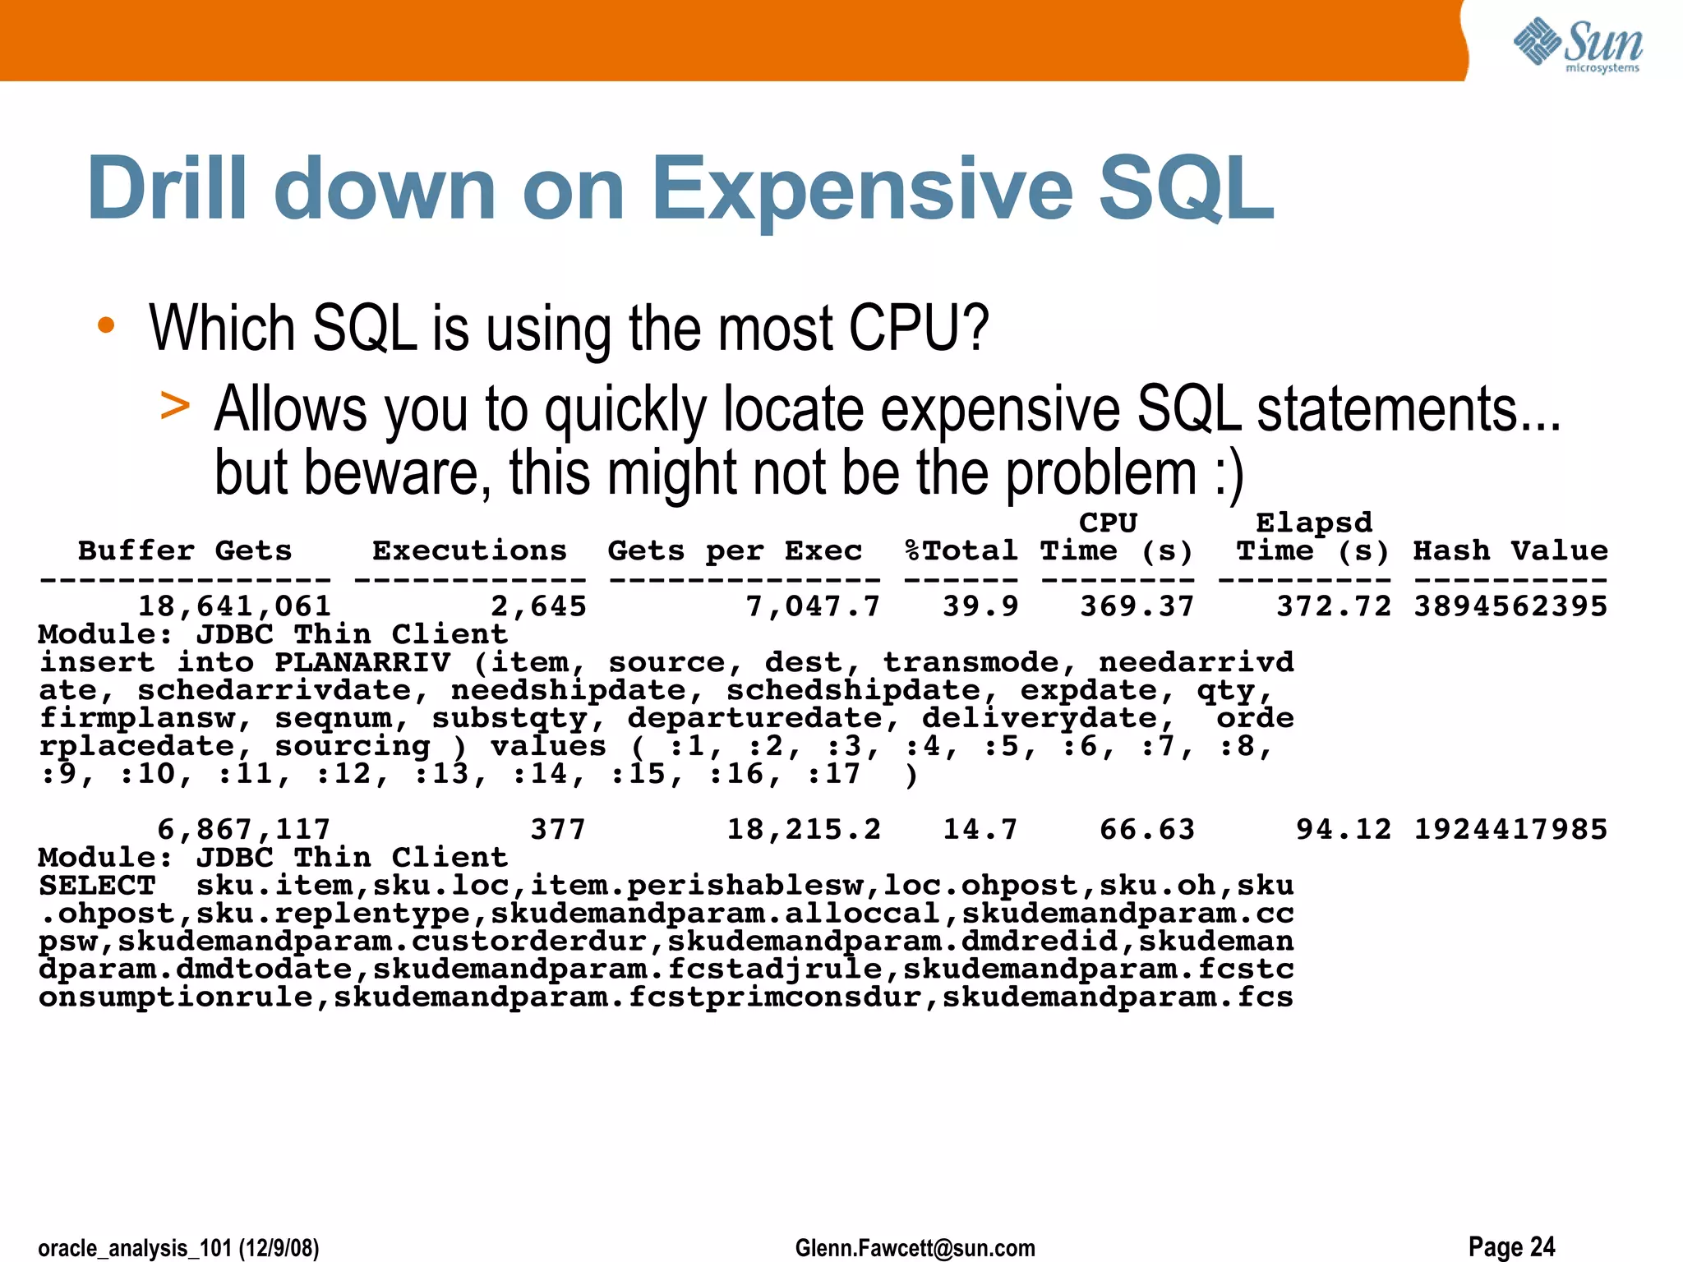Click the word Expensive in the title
point(862,190)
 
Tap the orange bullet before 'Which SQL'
point(105,325)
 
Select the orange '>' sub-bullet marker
point(175,405)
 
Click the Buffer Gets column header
point(185,550)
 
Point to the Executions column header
point(469,550)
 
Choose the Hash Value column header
point(1510,550)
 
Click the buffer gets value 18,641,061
point(234,606)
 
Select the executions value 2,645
point(538,606)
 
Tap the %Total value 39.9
point(980,606)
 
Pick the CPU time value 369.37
point(1137,606)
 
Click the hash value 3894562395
point(1510,606)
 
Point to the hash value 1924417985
point(1510,830)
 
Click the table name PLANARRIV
point(362,662)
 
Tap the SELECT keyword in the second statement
point(97,886)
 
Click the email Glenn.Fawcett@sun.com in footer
point(915,1248)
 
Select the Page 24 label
point(1511,1246)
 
